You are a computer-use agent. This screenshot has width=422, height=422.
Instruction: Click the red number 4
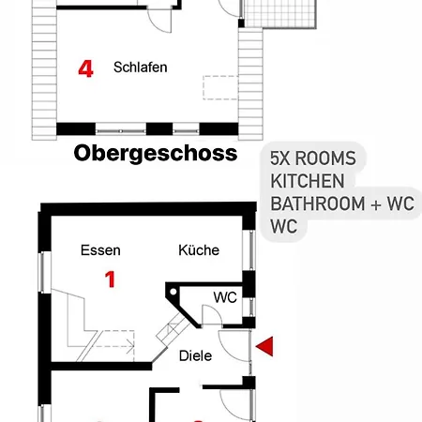point(86,69)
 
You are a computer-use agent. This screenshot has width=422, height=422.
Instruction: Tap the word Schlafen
point(141,68)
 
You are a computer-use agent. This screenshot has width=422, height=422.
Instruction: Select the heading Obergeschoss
point(155,153)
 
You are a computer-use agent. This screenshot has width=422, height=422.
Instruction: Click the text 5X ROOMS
point(319,158)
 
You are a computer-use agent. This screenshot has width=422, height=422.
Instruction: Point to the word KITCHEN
point(307,180)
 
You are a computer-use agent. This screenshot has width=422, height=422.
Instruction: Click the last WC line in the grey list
point(284,226)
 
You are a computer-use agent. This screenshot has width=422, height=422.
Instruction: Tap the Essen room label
point(100,250)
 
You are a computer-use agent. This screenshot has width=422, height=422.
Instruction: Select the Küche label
point(199,250)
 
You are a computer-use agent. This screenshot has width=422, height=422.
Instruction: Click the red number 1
point(110,279)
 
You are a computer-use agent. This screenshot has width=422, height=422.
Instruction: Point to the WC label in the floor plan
point(224,297)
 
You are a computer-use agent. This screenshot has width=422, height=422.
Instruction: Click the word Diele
point(194,355)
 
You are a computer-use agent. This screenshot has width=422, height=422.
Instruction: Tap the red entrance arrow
point(267,347)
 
